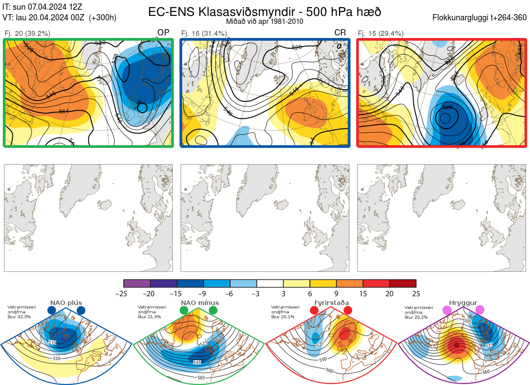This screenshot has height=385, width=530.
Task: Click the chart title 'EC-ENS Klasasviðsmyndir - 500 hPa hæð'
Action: [x=265, y=11]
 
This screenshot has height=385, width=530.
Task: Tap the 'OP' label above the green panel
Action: [x=163, y=33]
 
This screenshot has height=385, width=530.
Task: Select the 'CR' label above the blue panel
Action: [x=340, y=33]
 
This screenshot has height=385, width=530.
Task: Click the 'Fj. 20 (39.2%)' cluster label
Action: [x=27, y=33]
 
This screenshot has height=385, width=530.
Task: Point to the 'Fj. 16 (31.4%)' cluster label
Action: [x=204, y=33]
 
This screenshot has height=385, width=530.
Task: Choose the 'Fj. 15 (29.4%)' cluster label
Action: [x=381, y=33]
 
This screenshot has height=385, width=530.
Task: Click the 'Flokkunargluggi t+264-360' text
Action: [x=481, y=18]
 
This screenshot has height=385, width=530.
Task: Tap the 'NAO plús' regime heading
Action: [x=66, y=303]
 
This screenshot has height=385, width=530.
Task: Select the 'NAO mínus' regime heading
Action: [x=200, y=303]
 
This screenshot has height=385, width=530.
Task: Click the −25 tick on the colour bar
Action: [x=124, y=294]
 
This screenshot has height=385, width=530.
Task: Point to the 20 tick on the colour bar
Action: [x=390, y=294]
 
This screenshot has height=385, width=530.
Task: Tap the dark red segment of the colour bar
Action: [x=403, y=283]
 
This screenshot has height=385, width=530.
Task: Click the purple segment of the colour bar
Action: [x=137, y=283]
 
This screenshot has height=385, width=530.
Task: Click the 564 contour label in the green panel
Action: [x=64, y=111]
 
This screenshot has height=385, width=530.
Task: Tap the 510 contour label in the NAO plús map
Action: [x=53, y=343]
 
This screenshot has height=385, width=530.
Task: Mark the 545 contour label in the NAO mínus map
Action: [x=197, y=362]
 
